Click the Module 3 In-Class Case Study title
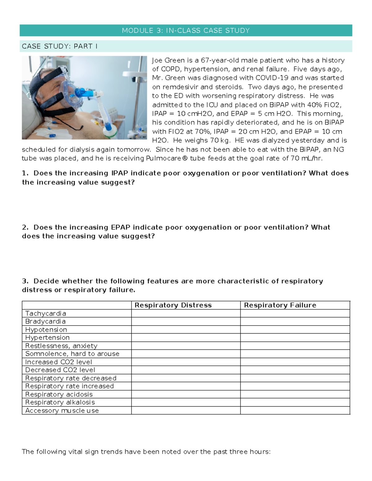186,30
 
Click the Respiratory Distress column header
173,305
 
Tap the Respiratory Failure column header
280,305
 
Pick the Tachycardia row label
46,313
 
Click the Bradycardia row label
45,321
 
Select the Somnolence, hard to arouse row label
72,354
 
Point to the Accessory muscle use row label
62,410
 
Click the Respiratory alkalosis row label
60,402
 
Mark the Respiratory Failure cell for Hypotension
295,330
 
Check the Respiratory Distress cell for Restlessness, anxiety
186,346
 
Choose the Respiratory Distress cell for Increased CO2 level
186,362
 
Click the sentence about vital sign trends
146,452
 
